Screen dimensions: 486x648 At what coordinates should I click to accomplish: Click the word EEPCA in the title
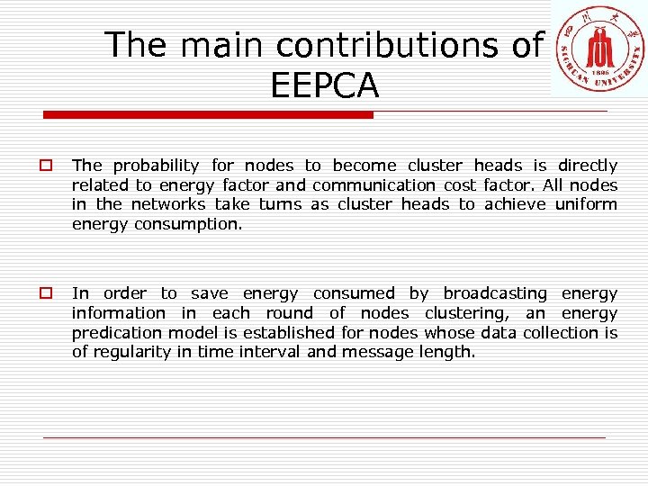(324, 85)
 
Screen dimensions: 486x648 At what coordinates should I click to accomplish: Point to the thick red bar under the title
(209, 115)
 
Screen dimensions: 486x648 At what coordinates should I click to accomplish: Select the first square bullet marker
(43, 166)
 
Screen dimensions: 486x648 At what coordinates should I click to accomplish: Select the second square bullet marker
(43, 293)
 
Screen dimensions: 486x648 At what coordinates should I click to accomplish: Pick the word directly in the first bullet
(588, 166)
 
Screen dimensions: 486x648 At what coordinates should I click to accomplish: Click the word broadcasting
(495, 293)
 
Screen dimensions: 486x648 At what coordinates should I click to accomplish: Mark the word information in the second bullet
(119, 313)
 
